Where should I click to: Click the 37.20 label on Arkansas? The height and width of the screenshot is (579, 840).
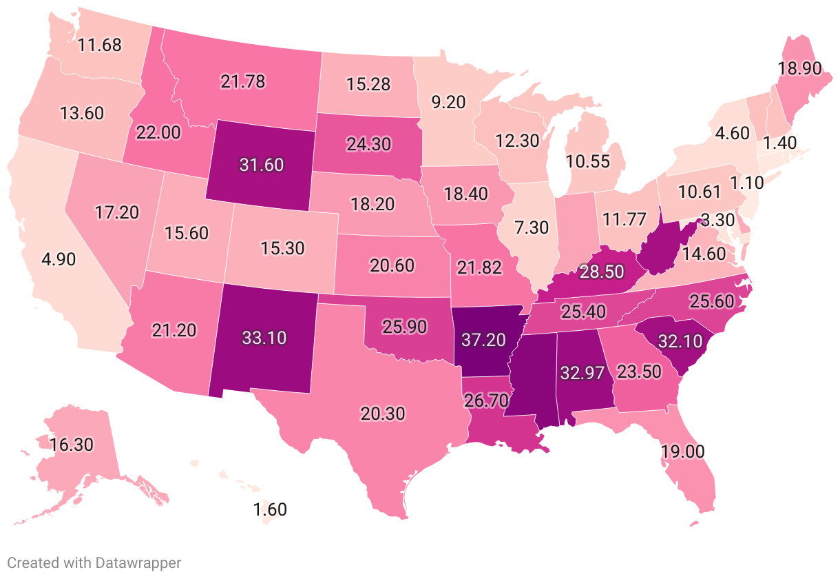483,339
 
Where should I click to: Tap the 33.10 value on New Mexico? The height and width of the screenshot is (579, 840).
264,338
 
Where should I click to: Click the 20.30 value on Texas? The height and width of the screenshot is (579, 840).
382,414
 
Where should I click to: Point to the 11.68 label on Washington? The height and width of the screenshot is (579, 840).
100,46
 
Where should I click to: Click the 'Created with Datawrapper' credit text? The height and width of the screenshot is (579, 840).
94,562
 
